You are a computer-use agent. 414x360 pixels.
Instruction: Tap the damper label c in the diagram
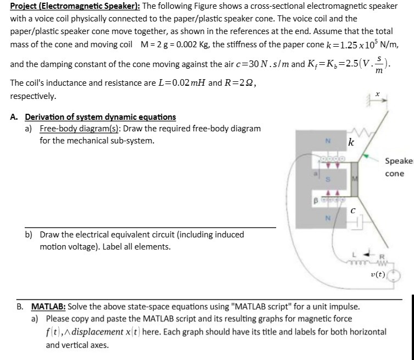coord(354,209)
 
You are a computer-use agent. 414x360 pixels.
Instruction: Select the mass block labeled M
coord(355,179)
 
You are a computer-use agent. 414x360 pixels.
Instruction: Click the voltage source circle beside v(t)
coord(394,275)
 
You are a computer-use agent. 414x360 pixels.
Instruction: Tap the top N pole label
coord(328,140)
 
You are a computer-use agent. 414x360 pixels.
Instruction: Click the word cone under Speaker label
coord(394,174)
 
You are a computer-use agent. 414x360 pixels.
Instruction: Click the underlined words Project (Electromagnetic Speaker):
coord(63,6)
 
